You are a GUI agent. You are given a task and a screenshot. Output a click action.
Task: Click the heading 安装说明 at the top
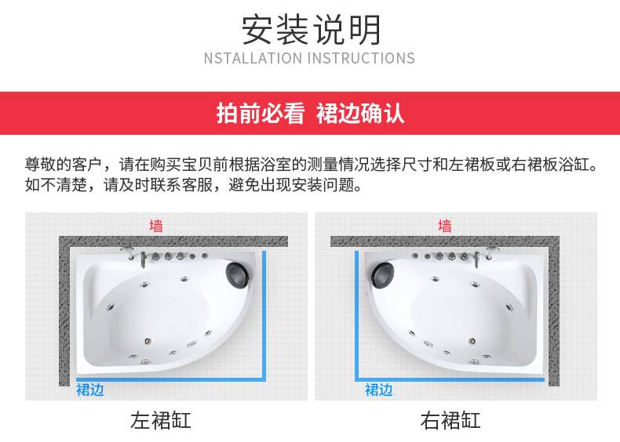[311, 30]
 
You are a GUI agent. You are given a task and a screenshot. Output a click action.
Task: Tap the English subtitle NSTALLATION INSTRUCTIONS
[309, 59]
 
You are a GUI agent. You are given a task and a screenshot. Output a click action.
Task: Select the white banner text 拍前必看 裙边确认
[310, 114]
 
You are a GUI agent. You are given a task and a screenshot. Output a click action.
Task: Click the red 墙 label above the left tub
[156, 226]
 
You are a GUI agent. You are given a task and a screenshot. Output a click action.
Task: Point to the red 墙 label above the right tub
[445, 226]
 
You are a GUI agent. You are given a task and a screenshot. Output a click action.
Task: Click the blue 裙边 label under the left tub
[90, 389]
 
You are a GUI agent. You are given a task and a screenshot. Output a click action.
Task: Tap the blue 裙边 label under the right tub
[379, 389]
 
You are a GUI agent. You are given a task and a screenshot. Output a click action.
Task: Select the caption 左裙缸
[161, 420]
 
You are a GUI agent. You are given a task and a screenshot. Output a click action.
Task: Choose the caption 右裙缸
[450, 420]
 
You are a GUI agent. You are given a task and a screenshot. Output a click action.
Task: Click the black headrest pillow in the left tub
[237, 274]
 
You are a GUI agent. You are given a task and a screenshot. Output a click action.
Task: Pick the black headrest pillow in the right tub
[382, 274]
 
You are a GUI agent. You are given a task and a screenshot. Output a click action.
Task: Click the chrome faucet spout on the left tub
[143, 259]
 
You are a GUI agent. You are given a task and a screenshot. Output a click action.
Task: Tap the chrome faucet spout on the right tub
[477, 259]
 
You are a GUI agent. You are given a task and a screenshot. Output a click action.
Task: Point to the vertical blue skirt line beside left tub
[264, 315]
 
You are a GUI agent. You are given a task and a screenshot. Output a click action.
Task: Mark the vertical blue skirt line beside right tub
[356, 315]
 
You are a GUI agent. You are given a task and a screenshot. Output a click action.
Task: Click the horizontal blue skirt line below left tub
[170, 380]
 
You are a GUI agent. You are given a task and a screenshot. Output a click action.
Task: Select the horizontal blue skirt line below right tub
[450, 380]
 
